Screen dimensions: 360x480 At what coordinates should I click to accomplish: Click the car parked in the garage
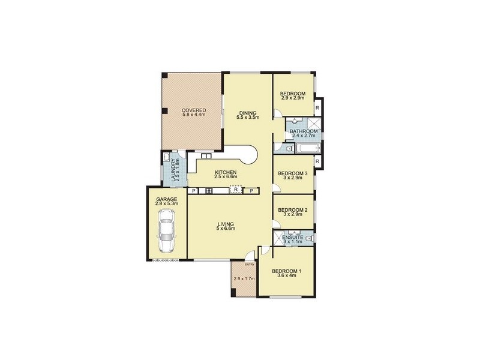point(166,234)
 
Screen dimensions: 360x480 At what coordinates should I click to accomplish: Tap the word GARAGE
point(167,199)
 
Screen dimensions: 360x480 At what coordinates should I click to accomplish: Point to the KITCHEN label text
point(226,173)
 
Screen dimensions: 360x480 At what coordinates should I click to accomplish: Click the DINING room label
point(248,112)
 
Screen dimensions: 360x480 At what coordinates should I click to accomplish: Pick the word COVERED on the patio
point(194,110)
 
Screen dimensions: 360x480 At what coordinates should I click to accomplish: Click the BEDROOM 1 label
point(287,271)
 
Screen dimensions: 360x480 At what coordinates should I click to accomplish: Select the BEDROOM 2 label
point(293,210)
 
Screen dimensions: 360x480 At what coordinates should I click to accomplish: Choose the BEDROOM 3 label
point(293,174)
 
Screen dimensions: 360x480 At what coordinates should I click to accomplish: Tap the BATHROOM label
point(304,131)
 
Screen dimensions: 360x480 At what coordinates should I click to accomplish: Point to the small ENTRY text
point(250,264)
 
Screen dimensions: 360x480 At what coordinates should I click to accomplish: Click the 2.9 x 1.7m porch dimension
point(244,278)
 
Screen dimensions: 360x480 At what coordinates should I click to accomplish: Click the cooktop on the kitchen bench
point(209,191)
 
